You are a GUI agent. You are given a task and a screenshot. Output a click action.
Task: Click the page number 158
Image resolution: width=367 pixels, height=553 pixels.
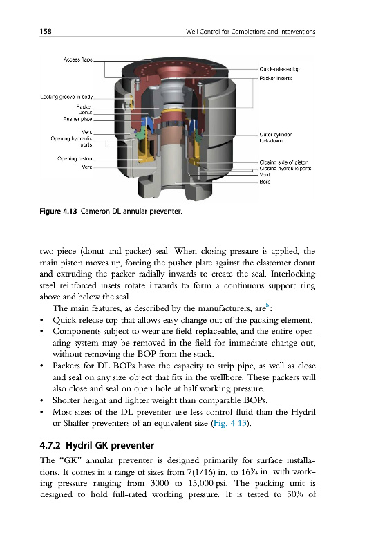(46, 31)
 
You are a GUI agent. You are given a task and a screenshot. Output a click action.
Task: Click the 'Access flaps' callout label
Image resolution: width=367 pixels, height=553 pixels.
(77, 59)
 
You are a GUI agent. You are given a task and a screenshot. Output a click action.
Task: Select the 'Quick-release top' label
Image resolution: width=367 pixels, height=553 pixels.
(279, 69)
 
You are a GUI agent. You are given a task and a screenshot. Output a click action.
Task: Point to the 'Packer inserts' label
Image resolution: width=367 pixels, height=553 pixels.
(275, 78)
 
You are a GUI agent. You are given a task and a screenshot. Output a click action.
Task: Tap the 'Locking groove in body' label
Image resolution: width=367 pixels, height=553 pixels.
(66, 97)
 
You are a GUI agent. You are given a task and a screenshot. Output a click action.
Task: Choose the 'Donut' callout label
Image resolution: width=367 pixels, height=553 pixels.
(85, 113)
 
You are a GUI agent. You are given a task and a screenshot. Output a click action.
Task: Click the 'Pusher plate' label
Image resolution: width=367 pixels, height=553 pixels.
(77, 119)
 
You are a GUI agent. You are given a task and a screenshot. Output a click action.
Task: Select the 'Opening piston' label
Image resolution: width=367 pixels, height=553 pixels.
(75, 159)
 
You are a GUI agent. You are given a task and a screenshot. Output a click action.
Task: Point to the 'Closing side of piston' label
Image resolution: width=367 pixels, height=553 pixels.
(284, 162)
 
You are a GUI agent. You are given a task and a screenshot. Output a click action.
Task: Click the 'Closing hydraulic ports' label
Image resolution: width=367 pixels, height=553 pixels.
(285, 169)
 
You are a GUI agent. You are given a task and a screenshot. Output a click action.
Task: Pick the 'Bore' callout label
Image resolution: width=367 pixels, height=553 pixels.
(265, 182)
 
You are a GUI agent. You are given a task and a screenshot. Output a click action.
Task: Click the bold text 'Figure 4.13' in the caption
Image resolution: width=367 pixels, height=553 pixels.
(58, 212)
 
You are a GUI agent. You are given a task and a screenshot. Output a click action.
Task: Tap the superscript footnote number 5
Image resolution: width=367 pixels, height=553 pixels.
(267, 305)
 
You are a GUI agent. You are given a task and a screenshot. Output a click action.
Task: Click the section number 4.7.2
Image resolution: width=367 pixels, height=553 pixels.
(50, 445)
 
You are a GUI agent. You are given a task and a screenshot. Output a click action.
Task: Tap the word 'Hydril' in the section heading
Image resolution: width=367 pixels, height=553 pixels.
(79, 446)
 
